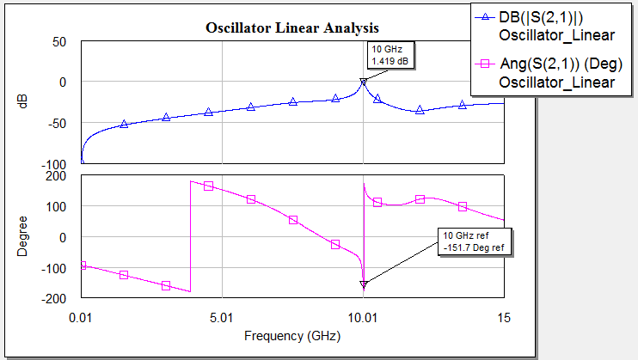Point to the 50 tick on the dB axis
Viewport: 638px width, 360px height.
(x=59, y=41)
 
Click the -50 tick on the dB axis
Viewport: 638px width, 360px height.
(x=57, y=123)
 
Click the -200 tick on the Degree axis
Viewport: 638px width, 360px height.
(x=55, y=299)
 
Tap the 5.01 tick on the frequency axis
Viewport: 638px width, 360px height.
(x=223, y=318)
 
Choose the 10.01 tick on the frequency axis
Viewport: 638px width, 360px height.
(x=364, y=318)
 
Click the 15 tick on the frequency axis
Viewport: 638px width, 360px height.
(x=503, y=318)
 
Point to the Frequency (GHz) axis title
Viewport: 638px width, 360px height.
(x=292, y=335)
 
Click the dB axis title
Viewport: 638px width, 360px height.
(x=23, y=100)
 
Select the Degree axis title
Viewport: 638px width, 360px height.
(x=23, y=237)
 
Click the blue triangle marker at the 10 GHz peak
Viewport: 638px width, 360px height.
(x=364, y=82)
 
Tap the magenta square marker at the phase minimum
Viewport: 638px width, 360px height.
(x=364, y=284)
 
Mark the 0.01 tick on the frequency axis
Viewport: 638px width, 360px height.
(x=83, y=318)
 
